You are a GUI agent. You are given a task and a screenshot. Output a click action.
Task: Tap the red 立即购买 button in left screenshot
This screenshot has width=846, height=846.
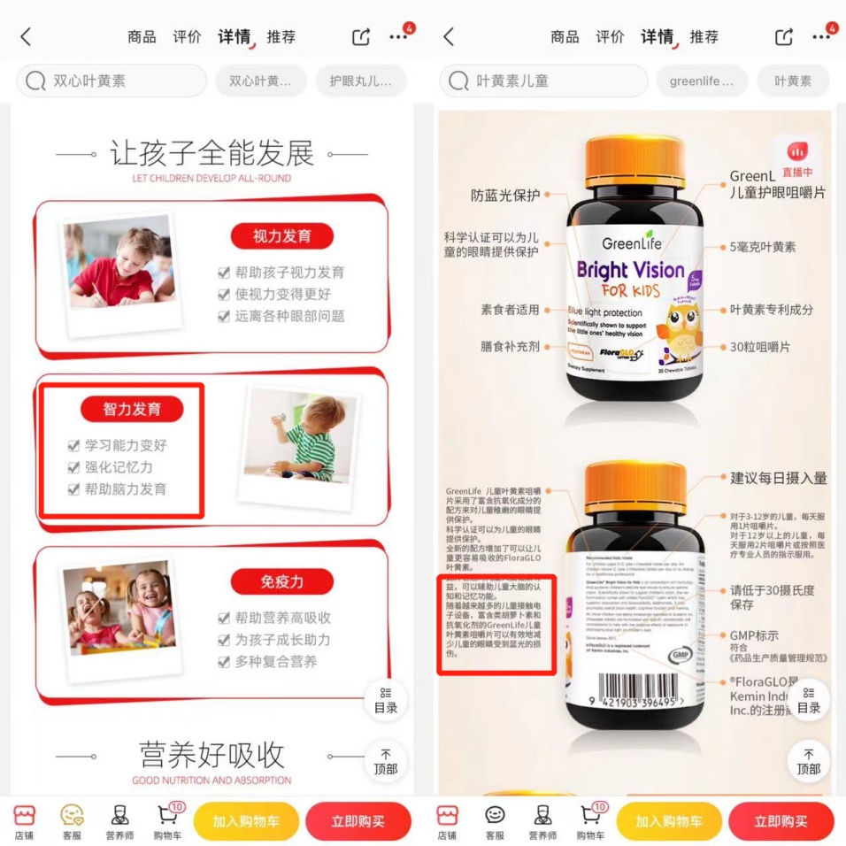click(x=358, y=821)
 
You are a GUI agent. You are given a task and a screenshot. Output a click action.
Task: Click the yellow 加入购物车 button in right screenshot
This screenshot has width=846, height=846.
click(x=669, y=821)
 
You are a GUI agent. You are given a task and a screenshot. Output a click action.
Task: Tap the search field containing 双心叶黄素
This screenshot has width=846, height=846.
click(x=111, y=81)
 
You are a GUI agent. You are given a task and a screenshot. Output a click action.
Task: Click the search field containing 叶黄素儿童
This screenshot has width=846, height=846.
click(x=535, y=81)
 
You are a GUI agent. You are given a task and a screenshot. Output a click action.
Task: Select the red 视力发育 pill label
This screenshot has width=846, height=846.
click(x=281, y=236)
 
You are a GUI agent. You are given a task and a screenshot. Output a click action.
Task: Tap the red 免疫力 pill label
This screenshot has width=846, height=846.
click(x=281, y=581)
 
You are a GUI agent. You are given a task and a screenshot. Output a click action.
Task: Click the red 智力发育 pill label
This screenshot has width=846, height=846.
click(x=132, y=409)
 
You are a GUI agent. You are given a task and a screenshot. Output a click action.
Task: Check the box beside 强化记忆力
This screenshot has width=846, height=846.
click(x=74, y=467)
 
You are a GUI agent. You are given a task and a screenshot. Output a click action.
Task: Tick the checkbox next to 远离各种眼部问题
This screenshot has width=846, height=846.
click(x=224, y=316)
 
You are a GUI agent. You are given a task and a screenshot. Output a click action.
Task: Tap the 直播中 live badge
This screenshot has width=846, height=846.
click(x=797, y=158)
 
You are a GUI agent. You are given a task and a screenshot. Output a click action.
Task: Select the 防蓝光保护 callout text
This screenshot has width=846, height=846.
click(x=505, y=196)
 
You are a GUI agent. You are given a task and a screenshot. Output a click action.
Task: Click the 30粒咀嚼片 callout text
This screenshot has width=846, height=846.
click(x=760, y=348)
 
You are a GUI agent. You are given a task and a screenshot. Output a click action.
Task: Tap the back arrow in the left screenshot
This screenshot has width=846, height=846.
click(x=26, y=36)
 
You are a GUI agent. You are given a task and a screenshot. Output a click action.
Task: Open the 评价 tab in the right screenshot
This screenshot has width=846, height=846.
click(x=610, y=36)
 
